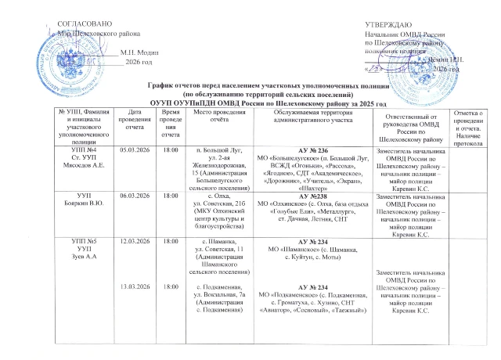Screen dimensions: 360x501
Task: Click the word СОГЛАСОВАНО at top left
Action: tap(80, 26)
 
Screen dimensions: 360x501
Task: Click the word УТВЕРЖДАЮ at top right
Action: tap(389, 26)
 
